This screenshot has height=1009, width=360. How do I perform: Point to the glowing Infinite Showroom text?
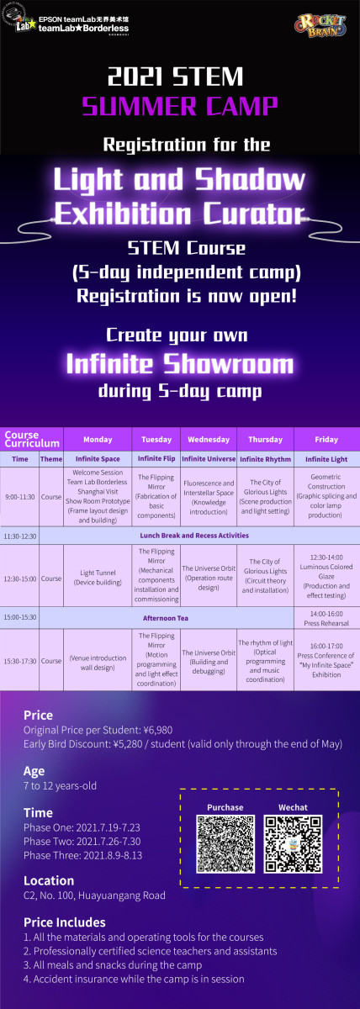click(179, 364)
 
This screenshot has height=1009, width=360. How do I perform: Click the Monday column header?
click(98, 439)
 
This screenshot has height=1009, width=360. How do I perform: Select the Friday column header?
click(326, 439)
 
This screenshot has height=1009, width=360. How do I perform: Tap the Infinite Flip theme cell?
click(156, 459)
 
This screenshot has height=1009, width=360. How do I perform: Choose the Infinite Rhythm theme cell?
click(265, 459)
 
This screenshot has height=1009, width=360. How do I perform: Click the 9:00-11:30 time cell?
click(19, 497)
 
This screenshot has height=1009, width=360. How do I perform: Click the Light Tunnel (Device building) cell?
click(98, 577)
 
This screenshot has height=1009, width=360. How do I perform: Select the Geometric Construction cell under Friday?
click(326, 497)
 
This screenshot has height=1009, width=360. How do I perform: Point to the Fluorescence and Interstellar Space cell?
click(209, 497)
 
